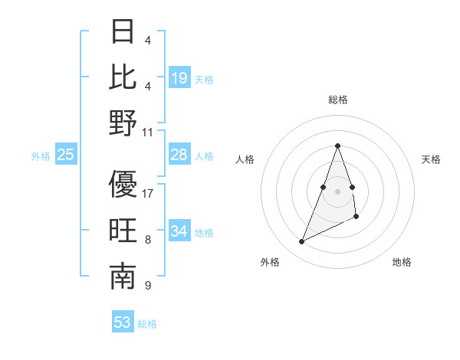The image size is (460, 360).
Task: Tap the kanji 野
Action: click(123, 123)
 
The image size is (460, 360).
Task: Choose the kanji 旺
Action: click(123, 231)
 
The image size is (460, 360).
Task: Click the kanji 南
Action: click(123, 277)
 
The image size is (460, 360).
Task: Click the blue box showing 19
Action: click(179, 77)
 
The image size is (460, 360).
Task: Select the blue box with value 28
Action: click(179, 155)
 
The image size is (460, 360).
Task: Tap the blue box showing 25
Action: click(66, 155)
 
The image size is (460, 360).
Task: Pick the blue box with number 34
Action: click(179, 231)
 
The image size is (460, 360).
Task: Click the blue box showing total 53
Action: click(123, 322)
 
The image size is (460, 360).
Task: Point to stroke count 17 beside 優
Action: click(148, 194)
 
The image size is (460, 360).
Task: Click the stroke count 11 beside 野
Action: click(148, 133)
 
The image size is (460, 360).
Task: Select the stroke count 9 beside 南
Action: click(148, 286)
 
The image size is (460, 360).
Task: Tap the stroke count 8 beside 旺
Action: click(148, 240)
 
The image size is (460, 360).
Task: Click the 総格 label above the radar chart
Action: click(337, 100)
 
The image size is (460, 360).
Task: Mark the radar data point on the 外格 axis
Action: click(301, 242)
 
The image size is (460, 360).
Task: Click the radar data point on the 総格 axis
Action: click(337, 146)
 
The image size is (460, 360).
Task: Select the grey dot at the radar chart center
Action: click(337, 191)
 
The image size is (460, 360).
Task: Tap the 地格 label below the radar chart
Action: click(402, 262)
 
